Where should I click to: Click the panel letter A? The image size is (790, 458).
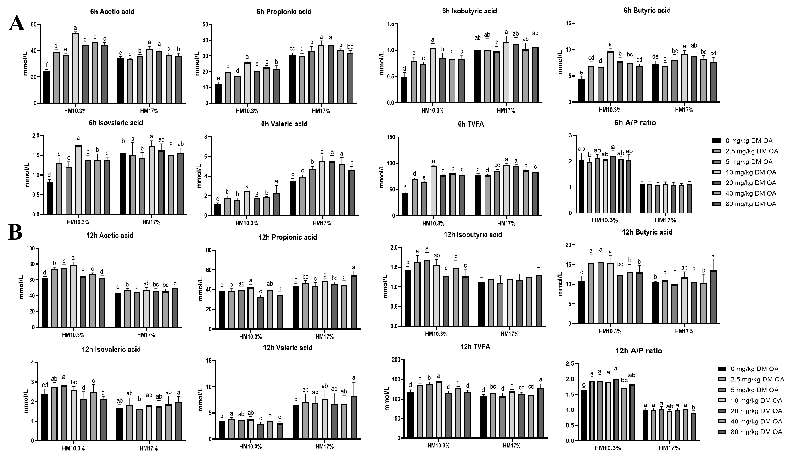tap(17, 23)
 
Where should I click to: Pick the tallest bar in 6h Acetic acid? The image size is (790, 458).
tap(75, 68)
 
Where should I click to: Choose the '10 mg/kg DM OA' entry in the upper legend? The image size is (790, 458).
tap(750, 172)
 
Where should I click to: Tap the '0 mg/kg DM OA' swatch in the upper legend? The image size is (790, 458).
tap(717, 140)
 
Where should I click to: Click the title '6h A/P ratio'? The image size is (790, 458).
tap(635, 123)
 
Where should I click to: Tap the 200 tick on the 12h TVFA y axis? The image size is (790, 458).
tap(396, 360)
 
